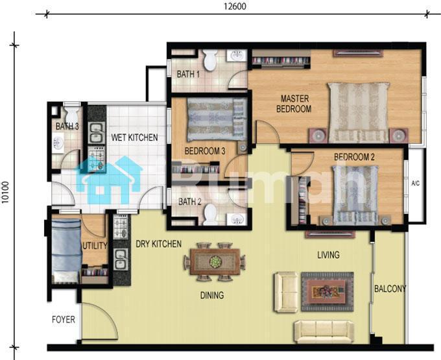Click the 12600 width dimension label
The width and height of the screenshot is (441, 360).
coord(235,6)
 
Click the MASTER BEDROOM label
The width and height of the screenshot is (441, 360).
coord(294,104)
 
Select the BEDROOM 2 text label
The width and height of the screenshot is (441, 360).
coord(354,157)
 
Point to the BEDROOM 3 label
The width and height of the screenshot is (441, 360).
coord(205,151)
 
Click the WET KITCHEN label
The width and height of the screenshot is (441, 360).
coord(134,138)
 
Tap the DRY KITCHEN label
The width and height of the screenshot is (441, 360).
coord(159,244)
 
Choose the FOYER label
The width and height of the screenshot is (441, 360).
coord(64,320)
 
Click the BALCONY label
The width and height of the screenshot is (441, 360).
coord(390,289)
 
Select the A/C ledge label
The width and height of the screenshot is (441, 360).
coord(416,184)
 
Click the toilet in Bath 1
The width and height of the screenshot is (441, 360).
coord(210,60)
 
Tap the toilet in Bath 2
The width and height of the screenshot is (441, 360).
coord(210,214)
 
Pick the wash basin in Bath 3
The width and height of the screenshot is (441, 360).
coord(58,143)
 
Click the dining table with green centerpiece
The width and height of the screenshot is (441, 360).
coord(215,261)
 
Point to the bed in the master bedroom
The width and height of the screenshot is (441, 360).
coord(359,112)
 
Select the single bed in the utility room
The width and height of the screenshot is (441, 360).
coord(66,251)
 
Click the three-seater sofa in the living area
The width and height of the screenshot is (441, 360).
coord(324,332)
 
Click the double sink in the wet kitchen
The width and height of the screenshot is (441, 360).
coord(97,133)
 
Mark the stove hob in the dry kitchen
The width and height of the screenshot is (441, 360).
coord(121,226)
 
